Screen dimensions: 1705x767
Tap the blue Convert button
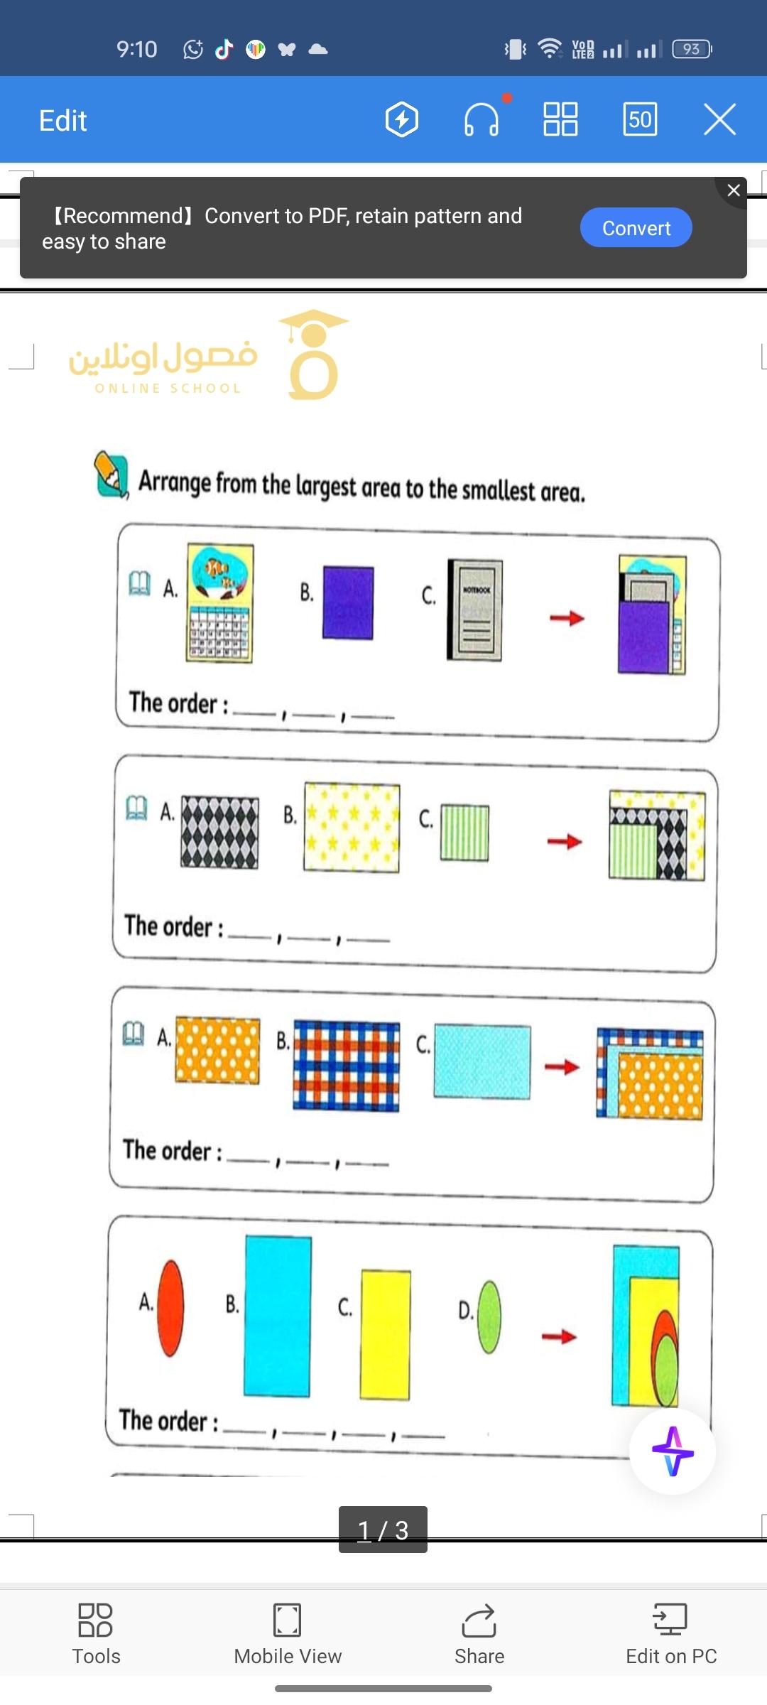[636, 227]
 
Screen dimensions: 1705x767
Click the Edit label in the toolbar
[62, 121]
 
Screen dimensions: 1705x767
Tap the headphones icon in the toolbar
[482, 119]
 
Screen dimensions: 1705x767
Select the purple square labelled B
[348, 602]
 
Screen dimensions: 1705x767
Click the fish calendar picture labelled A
[219, 603]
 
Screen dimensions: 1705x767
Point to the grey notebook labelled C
[474, 610]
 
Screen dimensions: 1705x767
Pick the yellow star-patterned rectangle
[352, 827]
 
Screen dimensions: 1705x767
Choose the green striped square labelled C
[464, 833]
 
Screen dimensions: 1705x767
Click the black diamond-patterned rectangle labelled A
[219, 831]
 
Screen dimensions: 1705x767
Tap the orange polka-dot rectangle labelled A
[217, 1050]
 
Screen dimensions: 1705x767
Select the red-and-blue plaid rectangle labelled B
[347, 1066]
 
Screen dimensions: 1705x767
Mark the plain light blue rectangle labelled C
[482, 1061]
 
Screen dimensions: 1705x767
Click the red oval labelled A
[170, 1308]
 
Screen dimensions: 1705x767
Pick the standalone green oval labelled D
[489, 1316]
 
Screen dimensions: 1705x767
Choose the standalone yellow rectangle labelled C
[385, 1334]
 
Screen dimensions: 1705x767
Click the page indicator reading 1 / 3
[383, 1530]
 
